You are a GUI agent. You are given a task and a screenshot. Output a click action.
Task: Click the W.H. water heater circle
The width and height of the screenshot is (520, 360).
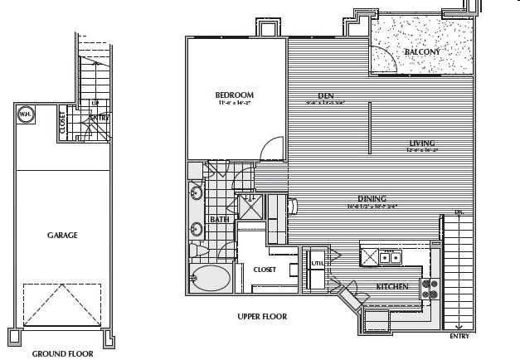click(26, 116)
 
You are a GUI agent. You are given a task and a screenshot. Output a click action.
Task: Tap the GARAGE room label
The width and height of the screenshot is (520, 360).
click(61, 236)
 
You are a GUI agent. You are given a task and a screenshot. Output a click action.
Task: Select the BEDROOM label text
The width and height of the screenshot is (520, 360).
click(235, 95)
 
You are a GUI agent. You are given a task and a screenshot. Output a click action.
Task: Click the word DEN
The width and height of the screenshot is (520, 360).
click(324, 95)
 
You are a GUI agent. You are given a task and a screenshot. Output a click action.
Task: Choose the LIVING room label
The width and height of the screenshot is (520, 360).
click(422, 143)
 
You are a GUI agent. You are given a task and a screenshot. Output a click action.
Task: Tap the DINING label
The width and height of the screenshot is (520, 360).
click(372, 198)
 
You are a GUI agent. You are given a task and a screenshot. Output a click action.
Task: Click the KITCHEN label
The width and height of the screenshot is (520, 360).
click(391, 286)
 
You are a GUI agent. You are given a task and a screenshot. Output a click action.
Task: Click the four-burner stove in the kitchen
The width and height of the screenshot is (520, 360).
click(430, 289)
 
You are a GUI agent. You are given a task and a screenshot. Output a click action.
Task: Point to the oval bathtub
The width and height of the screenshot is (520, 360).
click(211, 277)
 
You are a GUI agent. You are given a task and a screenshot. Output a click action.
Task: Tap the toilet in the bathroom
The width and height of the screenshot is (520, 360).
click(197, 250)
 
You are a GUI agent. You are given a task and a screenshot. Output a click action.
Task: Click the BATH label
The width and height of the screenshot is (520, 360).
click(219, 220)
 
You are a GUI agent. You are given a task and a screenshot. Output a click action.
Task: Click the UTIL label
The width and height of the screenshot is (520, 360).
click(316, 264)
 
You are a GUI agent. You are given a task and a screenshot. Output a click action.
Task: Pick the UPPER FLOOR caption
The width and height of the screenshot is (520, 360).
click(262, 317)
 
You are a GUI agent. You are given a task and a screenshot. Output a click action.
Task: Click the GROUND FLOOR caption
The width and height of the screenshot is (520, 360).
click(62, 353)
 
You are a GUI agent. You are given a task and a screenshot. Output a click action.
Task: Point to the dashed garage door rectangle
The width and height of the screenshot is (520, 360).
click(61, 304)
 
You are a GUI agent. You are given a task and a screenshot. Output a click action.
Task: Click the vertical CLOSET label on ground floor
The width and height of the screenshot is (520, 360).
click(63, 124)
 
